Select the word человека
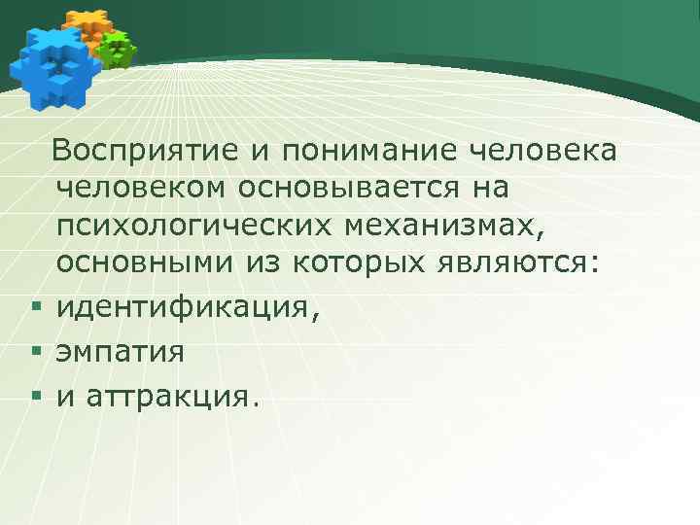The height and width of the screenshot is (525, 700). click(542, 152)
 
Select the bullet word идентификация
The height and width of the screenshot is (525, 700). click(185, 309)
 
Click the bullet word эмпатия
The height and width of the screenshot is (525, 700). click(120, 351)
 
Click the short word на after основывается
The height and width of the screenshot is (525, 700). click(485, 189)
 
